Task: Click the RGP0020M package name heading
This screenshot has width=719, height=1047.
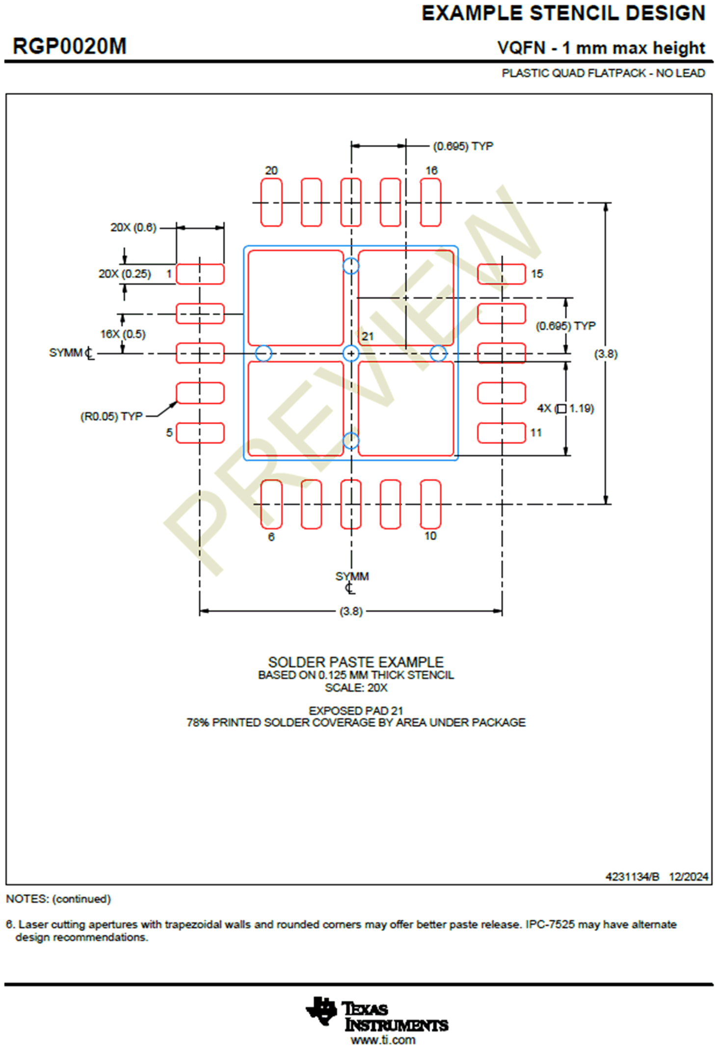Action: (x=69, y=47)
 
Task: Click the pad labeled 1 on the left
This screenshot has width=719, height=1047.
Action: (x=200, y=274)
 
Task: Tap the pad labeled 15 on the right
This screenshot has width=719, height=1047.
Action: (x=501, y=274)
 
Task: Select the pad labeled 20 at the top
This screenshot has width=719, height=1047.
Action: (x=271, y=202)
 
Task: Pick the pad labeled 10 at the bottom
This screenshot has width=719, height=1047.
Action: (x=430, y=504)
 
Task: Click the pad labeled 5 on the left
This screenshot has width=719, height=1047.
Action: (x=200, y=433)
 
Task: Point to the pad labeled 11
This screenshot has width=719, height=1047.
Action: (x=501, y=433)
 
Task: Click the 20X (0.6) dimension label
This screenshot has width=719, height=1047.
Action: (x=133, y=228)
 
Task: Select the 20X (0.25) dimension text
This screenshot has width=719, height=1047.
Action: (x=125, y=274)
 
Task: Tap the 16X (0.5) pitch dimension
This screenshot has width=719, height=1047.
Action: (x=123, y=334)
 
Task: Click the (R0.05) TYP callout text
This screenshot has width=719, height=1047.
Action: (x=111, y=417)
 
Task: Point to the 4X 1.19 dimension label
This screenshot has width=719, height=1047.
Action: (x=565, y=409)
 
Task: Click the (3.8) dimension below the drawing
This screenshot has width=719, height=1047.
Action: (x=351, y=611)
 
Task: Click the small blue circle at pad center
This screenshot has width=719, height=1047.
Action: (x=351, y=354)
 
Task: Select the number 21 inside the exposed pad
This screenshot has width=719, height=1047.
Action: (x=368, y=337)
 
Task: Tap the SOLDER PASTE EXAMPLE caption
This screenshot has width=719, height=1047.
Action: (x=355, y=662)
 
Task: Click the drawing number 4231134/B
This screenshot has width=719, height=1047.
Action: (x=632, y=877)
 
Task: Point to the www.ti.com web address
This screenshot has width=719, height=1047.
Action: (x=382, y=1040)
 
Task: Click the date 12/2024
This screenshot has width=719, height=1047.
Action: (x=688, y=877)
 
